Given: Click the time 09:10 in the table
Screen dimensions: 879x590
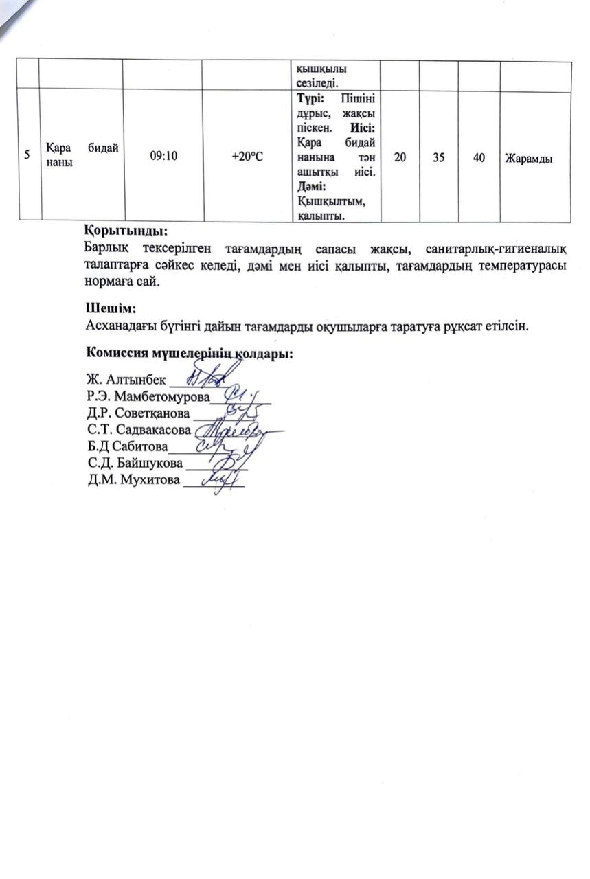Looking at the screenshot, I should click(x=163, y=157).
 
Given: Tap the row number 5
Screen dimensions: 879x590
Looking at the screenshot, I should click(x=27, y=155).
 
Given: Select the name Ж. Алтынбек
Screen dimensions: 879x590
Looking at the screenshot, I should click(x=126, y=380).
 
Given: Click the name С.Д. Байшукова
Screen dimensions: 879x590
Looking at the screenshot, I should click(x=135, y=463).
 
